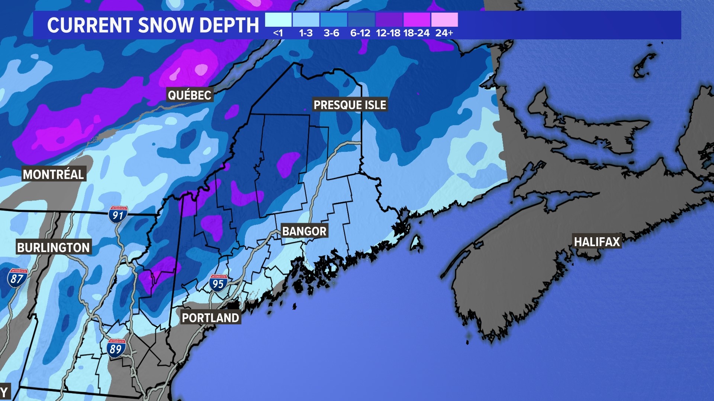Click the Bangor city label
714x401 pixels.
tap(304, 231)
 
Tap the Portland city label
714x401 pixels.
tap(210, 318)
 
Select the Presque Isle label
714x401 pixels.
tap(350, 105)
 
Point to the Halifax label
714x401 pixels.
tap(597, 242)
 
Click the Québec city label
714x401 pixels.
tap(190, 95)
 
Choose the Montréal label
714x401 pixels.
tap(54, 174)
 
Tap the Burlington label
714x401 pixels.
tap(54, 248)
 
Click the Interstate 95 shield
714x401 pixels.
tap(218, 283)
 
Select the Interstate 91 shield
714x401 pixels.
tap(118, 215)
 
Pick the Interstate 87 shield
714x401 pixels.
tap(17, 278)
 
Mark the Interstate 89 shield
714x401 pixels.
tap(116, 348)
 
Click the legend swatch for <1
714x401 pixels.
tap(278, 20)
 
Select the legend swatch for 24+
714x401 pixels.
tap(444, 20)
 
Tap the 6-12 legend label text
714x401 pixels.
tap(360, 33)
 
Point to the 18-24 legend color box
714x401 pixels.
tap(416, 20)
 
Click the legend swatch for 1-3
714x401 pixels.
tap(306, 20)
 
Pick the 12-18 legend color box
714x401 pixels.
tap(389, 20)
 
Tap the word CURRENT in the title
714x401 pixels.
tap(90, 25)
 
